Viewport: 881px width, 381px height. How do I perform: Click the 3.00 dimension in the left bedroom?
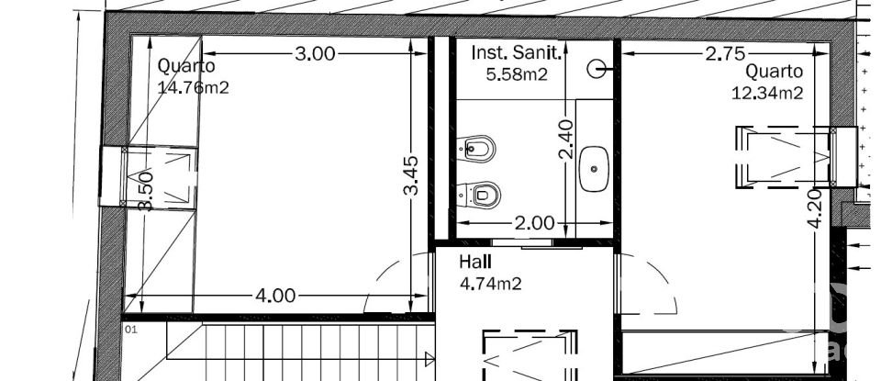(315, 53)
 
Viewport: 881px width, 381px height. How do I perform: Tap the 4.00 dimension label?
(275, 295)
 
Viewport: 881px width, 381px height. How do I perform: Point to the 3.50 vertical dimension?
(145, 191)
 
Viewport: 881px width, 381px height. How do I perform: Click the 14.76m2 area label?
(194, 88)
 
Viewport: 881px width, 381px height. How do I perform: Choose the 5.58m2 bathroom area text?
(517, 74)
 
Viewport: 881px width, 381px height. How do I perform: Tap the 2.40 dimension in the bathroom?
(565, 140)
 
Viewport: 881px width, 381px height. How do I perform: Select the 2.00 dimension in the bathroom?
(534, 222)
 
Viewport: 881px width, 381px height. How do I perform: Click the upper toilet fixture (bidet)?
(476, 147)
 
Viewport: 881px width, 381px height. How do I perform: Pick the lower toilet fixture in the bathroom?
(479, 193)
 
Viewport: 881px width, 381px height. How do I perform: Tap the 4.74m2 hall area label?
(490, 284)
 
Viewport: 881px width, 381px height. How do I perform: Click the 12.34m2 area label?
(767, 92)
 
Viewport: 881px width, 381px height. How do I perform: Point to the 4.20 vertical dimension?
(814, 209)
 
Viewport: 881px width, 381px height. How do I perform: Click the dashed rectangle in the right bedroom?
(784, 158)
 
